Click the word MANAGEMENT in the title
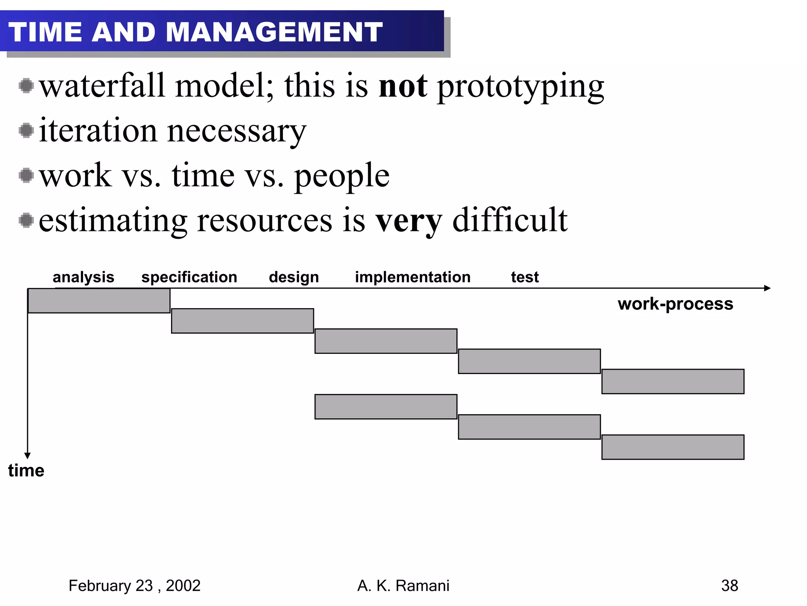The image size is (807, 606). point(274,32)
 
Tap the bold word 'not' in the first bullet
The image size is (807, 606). point(402,86)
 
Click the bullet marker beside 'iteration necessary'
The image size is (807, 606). point(26,130)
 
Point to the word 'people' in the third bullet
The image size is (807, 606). point(342,176)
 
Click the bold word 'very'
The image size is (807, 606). point(408,221)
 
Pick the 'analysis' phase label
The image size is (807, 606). point(84,277)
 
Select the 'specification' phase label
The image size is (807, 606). point(189,277)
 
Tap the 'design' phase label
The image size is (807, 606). point(294,277)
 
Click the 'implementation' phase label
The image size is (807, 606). point(413,277)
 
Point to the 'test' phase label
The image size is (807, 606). point(524,277)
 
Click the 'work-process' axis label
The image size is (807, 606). point(675,304)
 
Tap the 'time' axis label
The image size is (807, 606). point(26,471)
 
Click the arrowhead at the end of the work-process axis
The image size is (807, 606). point(767,288)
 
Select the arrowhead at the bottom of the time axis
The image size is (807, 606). point(28,456)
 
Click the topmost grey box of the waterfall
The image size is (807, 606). point(99,301)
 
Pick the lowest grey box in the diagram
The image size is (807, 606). point(673,447)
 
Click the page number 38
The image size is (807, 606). point(729,586)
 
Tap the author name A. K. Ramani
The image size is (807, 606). point(403,586)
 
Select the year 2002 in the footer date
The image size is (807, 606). point(183,586)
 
